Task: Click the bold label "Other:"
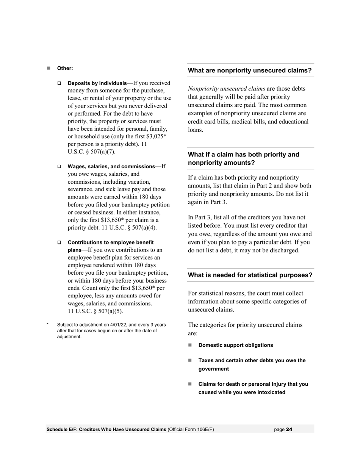[65, 69]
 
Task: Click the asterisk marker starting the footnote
[48, 325]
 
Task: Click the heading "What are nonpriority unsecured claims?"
[250, 70]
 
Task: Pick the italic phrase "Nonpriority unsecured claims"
[226, 89]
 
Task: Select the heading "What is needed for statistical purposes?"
[250, 275]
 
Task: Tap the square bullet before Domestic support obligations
[190, 345]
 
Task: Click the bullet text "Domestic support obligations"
[235, 345]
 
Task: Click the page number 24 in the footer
[289, 429]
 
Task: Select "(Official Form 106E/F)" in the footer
[191, 429]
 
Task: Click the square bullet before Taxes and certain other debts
[190, 360]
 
